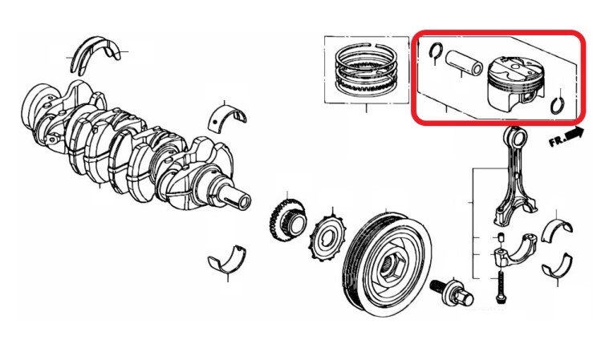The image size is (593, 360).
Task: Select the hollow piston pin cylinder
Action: [x=464, y=63]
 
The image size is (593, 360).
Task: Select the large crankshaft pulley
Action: [x=388, y=261]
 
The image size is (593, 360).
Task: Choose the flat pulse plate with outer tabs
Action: [x=327, y=237]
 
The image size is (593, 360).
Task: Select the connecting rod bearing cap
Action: [x=514, y=249]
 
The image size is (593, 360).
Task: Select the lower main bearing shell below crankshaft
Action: [x=226, y=260]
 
